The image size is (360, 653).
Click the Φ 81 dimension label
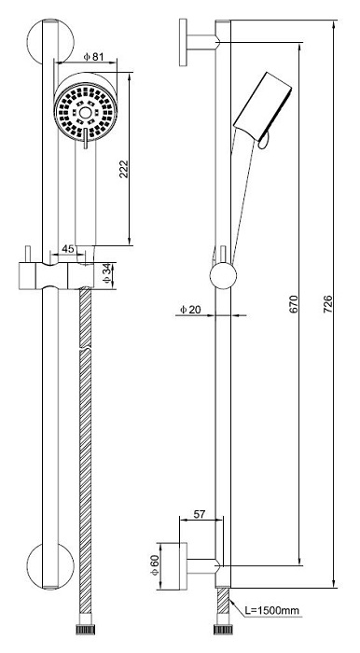[x=93, y=57]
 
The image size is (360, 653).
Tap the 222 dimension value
[x=124, y=169]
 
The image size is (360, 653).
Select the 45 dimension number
[x=68, y=249]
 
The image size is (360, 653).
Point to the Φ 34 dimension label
[x=108, y=275]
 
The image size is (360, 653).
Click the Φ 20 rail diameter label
[x=189, y=310]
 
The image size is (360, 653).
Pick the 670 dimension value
[x=294, y=304]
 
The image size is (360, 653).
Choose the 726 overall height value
[x=327, y=304]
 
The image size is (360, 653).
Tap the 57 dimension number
[x=200, y=514]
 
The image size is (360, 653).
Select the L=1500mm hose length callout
[x=271, y=611]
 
